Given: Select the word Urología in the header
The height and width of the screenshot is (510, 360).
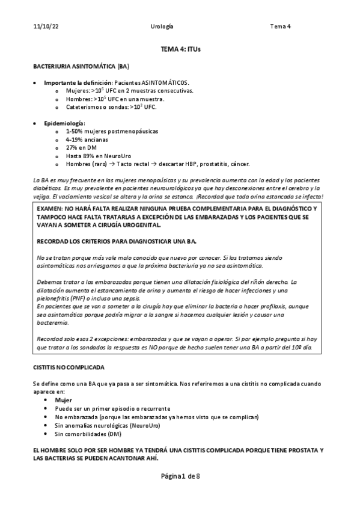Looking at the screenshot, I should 163,27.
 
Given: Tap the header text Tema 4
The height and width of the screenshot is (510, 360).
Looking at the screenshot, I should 280,27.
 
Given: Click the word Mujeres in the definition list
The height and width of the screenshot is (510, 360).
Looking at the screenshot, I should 77,90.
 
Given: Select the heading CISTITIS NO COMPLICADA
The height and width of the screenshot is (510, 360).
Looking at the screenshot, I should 69,366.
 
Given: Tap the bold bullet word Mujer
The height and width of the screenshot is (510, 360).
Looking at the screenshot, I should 63,400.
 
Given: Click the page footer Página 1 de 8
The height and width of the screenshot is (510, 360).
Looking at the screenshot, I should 180,477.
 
